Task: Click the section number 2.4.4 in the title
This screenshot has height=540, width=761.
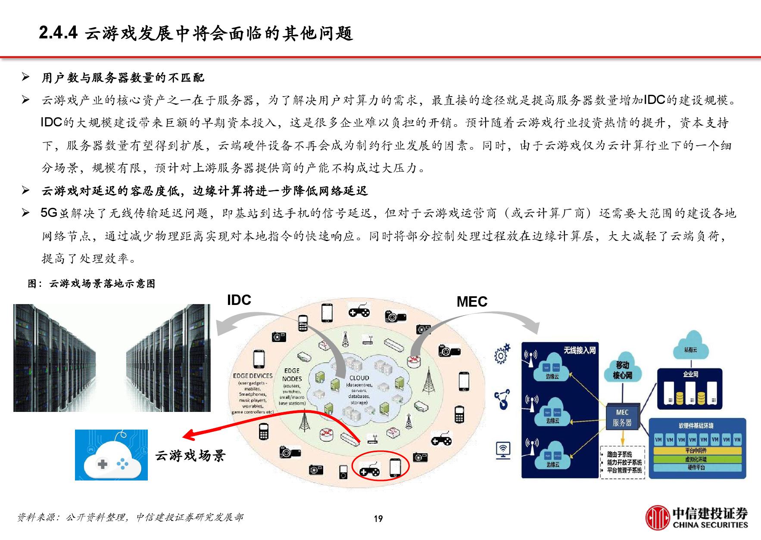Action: (x=58, y=33)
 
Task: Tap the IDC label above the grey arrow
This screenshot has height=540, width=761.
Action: (x=239, y=300)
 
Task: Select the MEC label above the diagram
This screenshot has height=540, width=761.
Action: (x=472, y=301)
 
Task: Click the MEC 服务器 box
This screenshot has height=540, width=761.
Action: (x=622, y=418)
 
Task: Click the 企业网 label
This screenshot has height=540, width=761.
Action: (x=690, y=374)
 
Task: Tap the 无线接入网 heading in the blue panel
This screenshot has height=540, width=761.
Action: (x=580, y=350)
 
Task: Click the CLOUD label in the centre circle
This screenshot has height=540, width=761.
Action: (x=359, y=378)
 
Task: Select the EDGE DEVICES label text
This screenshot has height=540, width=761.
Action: (x=253, y=376)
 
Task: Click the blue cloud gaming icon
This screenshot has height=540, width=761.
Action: (x=111, y=455)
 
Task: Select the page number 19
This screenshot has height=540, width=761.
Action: (x=378, y=519)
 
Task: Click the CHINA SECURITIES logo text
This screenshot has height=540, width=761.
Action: (x=710, y=525)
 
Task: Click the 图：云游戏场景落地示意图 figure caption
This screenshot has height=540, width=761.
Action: (x=91, y=283)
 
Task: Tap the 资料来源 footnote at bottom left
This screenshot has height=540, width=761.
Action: (x=129, y=517)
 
